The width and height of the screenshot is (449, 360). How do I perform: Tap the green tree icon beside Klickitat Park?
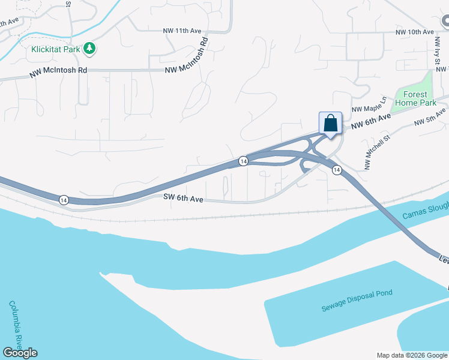coord(89,48)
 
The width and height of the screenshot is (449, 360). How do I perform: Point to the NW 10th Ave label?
coord(414,32)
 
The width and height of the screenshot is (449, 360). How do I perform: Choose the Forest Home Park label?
coord(415,99)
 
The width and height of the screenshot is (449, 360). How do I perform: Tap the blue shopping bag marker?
coord(330,123)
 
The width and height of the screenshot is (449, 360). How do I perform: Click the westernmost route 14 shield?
coord(64,199)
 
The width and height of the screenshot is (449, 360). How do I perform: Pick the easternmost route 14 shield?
coord(337,170)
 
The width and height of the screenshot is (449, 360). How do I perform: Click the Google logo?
coord(20,353)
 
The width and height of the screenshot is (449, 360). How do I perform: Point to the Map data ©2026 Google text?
coord(411,355)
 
